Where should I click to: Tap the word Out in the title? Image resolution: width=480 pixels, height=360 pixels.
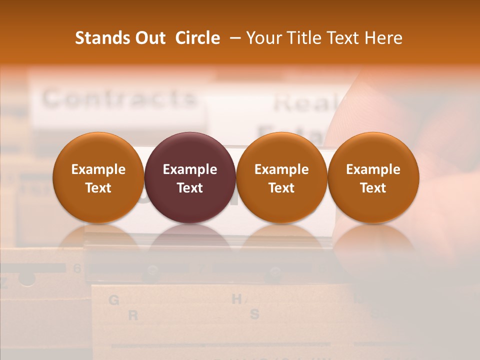tap(149, 38)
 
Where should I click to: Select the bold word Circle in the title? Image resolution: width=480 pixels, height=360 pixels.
tap(197, 38)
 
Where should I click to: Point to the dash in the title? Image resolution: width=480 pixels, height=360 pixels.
tap(234, 38)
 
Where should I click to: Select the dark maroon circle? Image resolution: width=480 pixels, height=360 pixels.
tap(190, 178)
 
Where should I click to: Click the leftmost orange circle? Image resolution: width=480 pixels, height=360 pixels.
tap(98, 178)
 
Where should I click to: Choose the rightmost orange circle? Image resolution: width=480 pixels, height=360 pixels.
tap(373, 178)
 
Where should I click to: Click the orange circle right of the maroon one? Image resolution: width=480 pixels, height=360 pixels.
tap(281, 178)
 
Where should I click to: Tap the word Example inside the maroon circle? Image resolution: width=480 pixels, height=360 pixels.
tap(190, 169)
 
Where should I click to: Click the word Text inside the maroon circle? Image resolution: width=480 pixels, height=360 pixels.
tap(190, 188)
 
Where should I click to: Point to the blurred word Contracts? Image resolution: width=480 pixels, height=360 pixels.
tap(118, 98)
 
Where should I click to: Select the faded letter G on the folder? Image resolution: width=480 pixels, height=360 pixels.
tap(114, 300)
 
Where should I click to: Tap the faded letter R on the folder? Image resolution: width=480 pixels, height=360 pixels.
tap(132, 315)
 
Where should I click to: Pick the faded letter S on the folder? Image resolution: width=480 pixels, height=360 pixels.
tap(254, 314)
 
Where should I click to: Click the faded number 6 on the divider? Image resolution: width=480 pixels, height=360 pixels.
tap(77, 268)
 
